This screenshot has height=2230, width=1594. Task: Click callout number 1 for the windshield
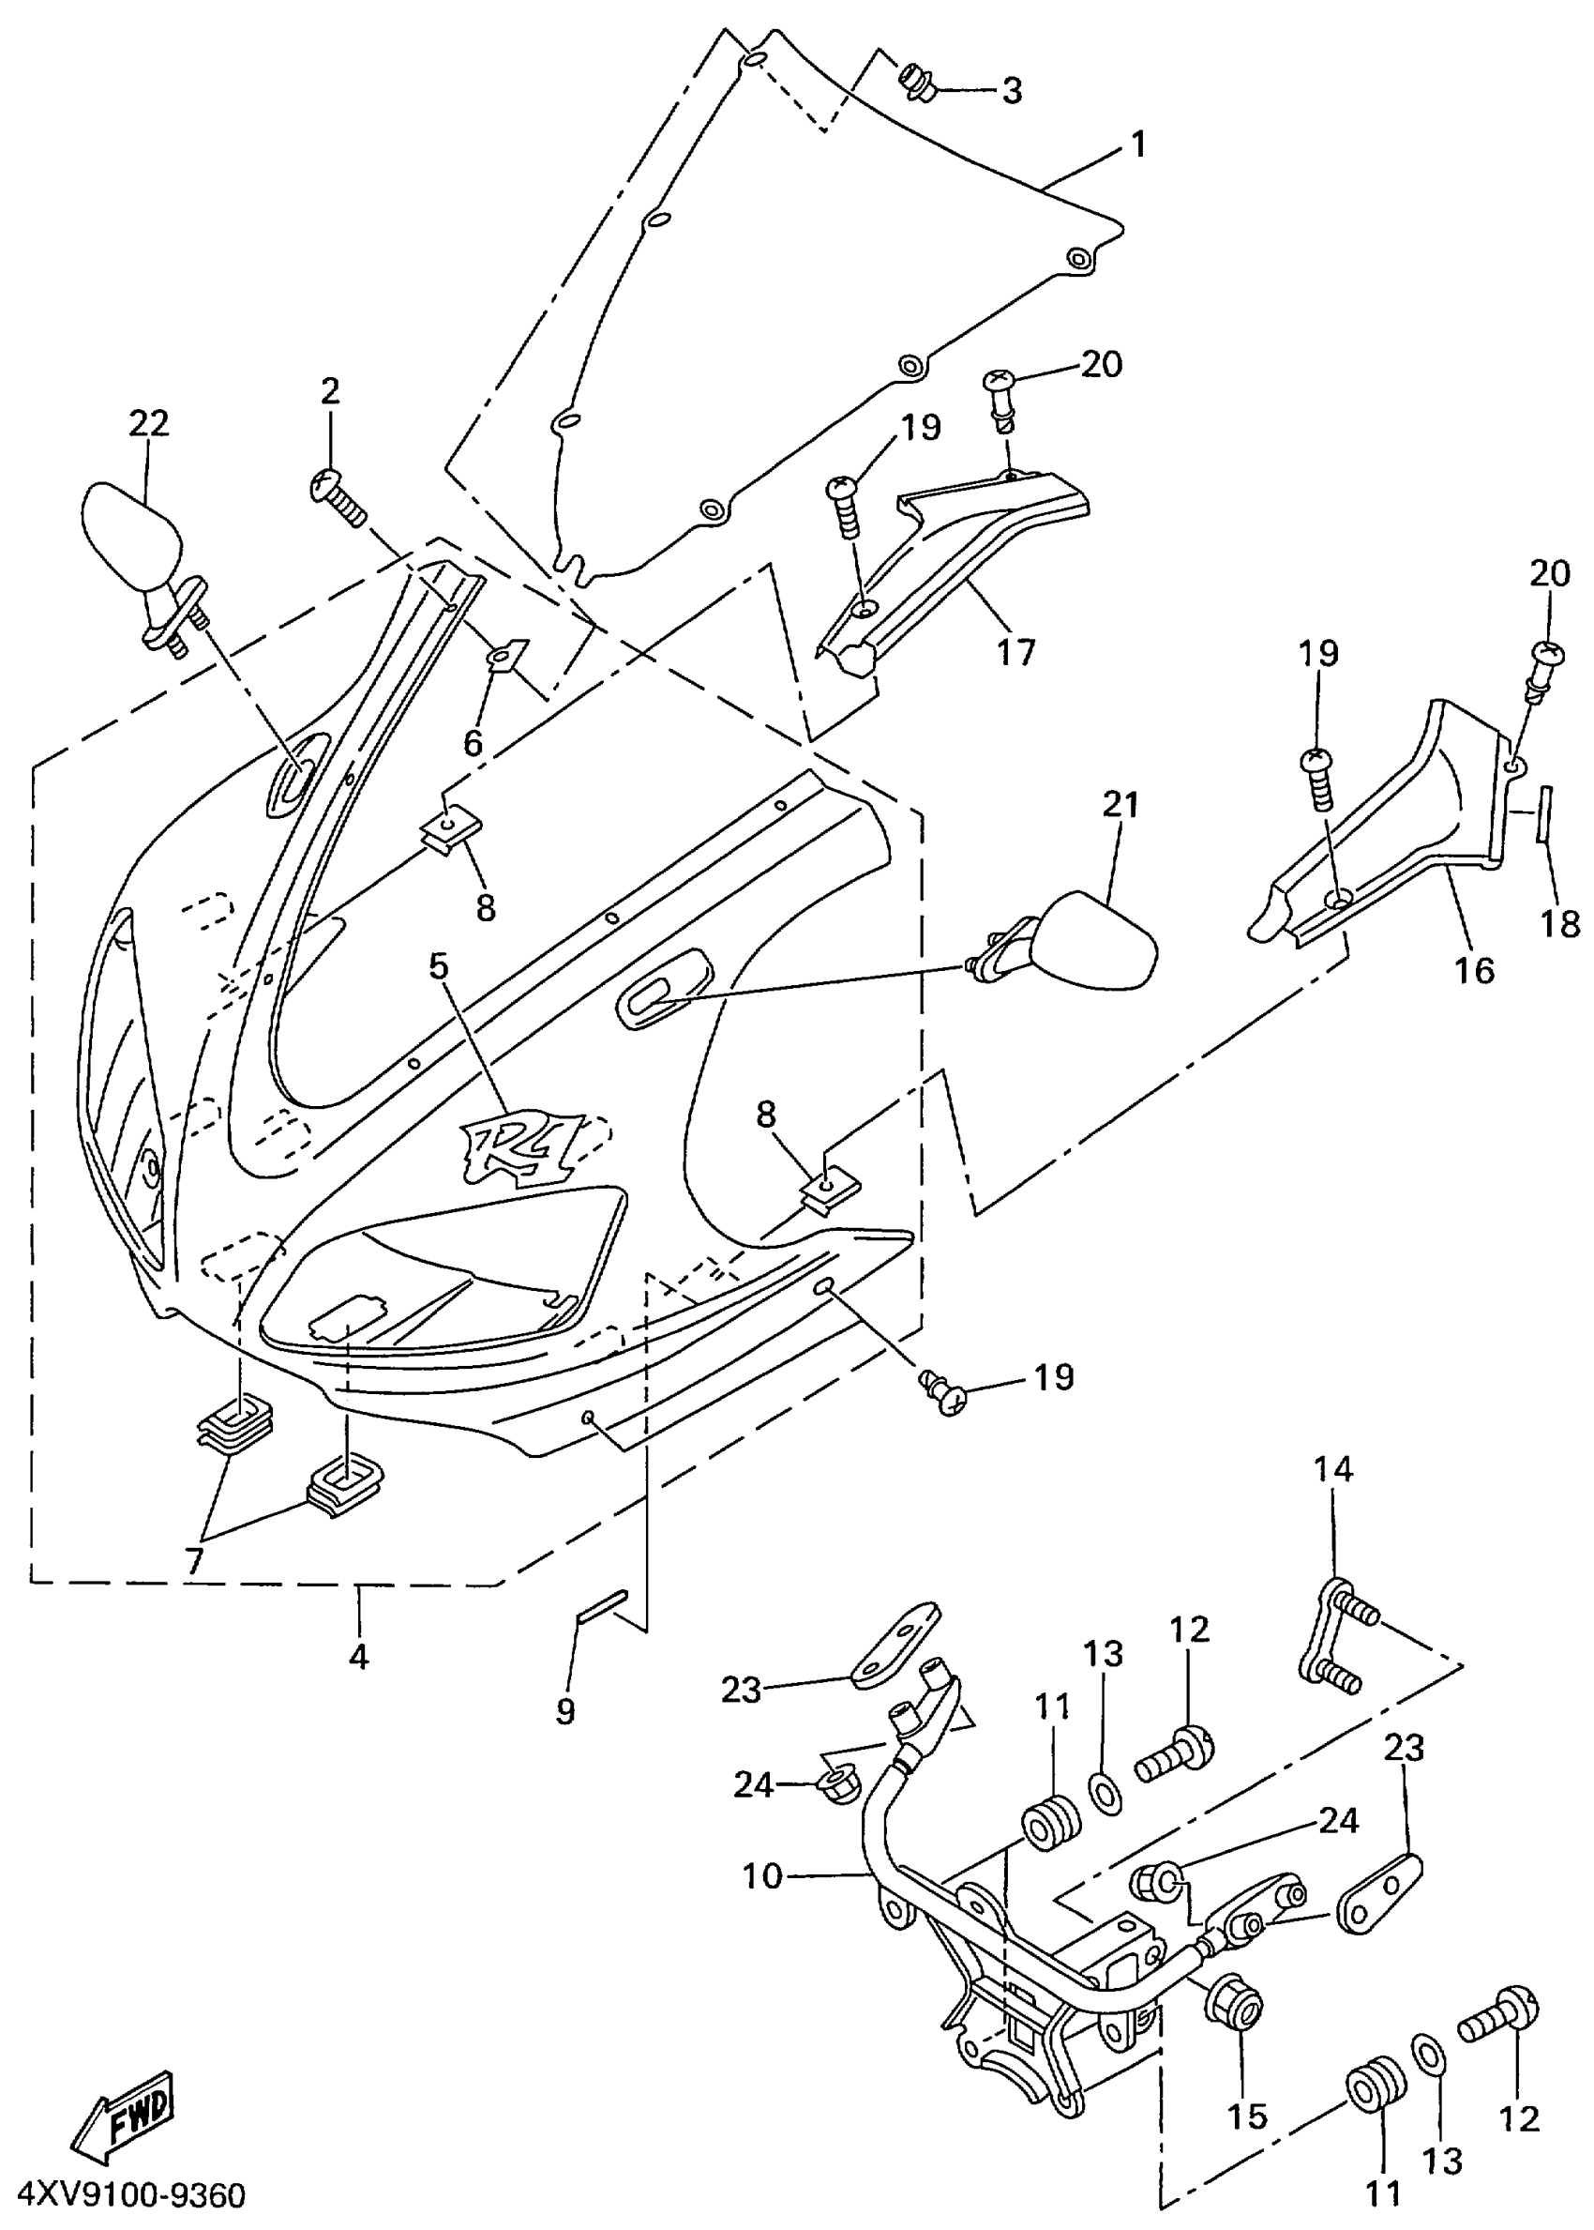coord(1137,145)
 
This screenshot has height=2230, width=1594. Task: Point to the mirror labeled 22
coord(132,540)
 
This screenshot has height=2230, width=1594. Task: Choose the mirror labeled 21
coord(1094,942)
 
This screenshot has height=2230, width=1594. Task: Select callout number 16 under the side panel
coord(1473,969)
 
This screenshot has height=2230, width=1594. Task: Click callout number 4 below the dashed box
coord(359,1658)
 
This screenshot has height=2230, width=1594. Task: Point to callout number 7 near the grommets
coord(193,1560)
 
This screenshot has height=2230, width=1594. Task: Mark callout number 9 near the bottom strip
coord(565,1711)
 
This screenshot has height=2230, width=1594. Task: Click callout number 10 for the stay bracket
coord(761,1876)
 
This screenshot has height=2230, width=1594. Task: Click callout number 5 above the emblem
coord(438,966)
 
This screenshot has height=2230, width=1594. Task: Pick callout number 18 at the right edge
coord(1560,923)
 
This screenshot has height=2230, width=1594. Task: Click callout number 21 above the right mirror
coord(1120,804)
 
